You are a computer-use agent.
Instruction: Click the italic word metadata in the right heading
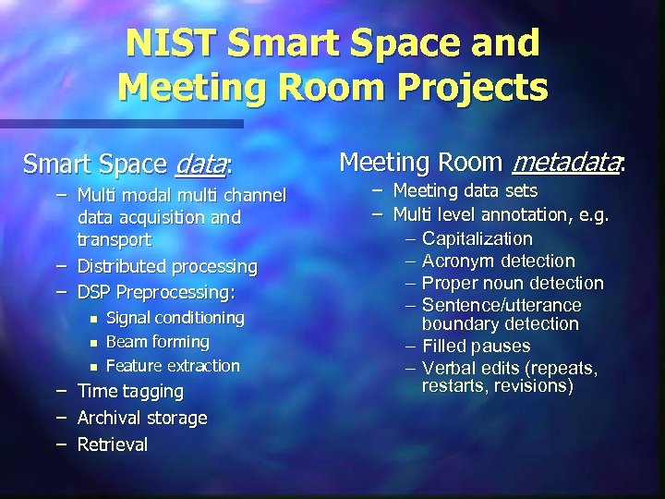[x=565, y=164]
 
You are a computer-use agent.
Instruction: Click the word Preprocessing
[x=179, y=292]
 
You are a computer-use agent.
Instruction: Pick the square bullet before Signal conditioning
[x=92, y=319]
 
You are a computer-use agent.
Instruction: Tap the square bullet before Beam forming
[x=92, y=343]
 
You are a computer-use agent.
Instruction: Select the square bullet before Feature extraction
[x=92, y=367]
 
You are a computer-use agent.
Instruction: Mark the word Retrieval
[x=113, y=444]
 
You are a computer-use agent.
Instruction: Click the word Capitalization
[x=477, y=238]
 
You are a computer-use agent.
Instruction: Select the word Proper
[x=447, y=283]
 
